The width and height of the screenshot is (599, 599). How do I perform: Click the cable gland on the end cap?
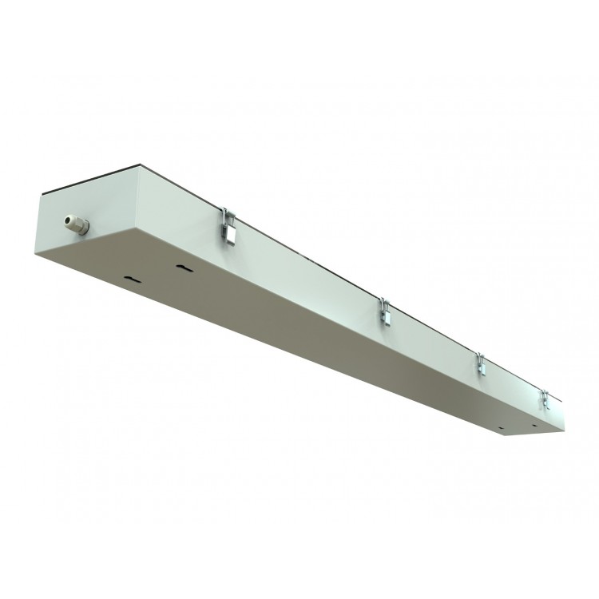point(77,222)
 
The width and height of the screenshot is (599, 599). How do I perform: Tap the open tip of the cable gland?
point(67,218)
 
